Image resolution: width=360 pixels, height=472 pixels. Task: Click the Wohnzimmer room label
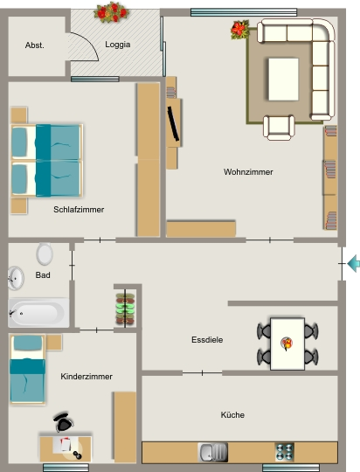tap(248, 172)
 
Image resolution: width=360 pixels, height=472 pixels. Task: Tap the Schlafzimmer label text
tap(79, 210)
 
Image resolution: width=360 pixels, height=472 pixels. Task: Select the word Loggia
tap(118, 45)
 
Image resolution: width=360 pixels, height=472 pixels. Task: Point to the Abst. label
tap(35, 45)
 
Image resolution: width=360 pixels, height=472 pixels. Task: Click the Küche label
tap(232, 415)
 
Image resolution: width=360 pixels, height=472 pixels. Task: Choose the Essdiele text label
tap(207, 340)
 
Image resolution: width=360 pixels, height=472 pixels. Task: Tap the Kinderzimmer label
tap(87, 377)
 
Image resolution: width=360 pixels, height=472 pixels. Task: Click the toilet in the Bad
tap(45, 253)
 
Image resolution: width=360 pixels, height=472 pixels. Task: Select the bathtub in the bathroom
tap(38, 313)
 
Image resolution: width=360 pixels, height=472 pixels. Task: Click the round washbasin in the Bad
tap(16, 278)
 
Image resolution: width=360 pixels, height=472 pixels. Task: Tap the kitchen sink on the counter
tap(213, 452)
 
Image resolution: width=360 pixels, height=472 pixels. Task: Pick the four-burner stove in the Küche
tap(285, 452)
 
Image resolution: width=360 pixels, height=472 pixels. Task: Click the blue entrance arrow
tap(354, 263)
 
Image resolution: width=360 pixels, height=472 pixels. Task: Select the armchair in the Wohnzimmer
tap(279, 128)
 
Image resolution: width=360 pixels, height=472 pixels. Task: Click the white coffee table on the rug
tap(284, 80)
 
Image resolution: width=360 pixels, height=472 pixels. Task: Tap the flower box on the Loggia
tap(111, 12)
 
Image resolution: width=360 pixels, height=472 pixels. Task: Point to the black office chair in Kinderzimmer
tap(64, 422)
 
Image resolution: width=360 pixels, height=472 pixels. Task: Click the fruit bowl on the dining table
tap(287, 344)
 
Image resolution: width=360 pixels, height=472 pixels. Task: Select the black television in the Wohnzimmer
tap(173, 123)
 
